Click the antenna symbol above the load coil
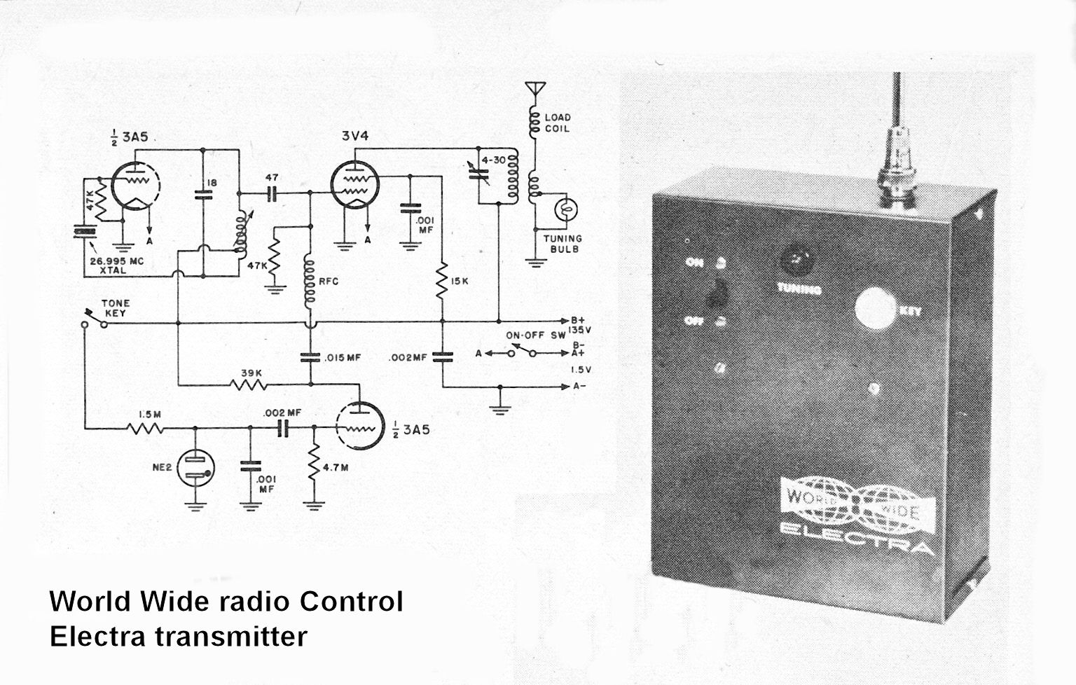point(535,90)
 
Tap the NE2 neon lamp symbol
point(196,469)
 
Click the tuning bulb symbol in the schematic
point(564,209)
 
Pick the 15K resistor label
point(460,282)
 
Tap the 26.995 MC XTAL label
point(116,265)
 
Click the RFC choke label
point(328,282)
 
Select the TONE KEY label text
point(116,308)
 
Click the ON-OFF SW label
point(535,335)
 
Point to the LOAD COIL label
point(558,123)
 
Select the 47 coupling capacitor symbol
point(273,193)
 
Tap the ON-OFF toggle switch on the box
point(717,294)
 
